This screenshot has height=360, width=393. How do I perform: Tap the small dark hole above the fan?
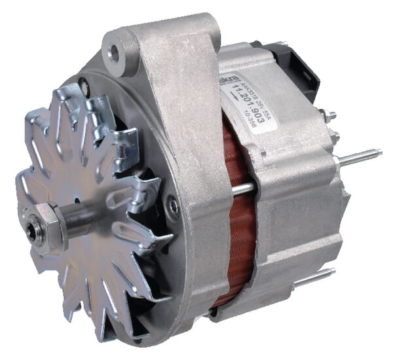tap(84, 83)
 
